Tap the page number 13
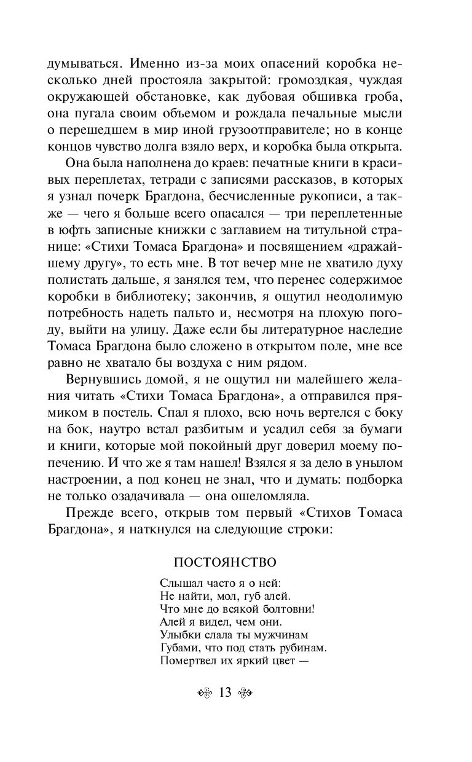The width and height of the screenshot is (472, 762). (224, 693)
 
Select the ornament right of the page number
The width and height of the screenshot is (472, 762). (245, 693)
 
